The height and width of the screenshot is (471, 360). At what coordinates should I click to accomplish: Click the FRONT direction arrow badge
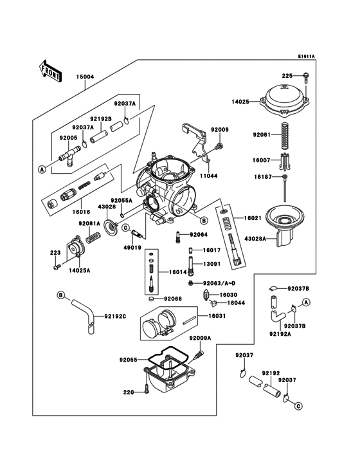pos(51,69)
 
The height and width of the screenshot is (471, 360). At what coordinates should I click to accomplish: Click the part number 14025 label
pos(240,101)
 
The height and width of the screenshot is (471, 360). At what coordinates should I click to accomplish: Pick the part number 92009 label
pos(220,131)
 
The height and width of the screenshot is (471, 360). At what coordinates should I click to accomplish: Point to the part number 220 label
pos(128,392)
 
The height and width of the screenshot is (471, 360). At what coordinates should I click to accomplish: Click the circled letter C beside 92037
pos(298,406)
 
